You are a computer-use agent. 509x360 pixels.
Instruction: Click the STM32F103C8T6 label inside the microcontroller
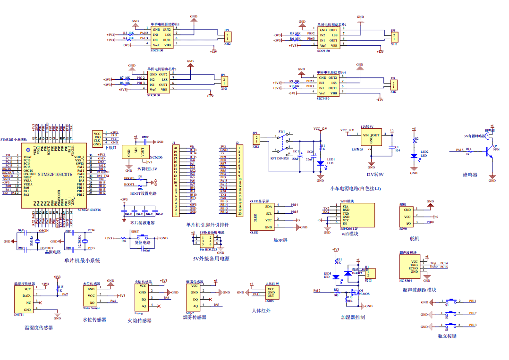point(55,174)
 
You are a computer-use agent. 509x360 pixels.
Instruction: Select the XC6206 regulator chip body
point(136,151)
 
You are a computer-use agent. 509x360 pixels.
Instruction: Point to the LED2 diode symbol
point(414,155)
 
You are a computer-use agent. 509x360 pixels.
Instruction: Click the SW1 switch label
point(281,131)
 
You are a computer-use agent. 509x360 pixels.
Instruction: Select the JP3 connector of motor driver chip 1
point(228,37)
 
